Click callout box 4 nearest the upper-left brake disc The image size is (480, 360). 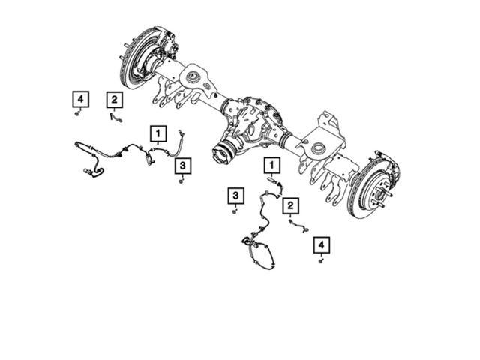pyautogui.click(x=79, y=99)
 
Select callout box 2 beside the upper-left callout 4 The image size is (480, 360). pyautogui.click(x=112, y=99)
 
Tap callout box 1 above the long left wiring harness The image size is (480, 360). pyautogui.click(x=158, y=134)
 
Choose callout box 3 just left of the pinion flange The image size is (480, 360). pyautogui.click(x=183, y=165)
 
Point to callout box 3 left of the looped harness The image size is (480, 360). pyautogui.click(x=235, y=196)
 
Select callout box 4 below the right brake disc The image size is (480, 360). pyautogui.click(x=321, y=244)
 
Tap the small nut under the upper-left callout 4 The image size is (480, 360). pyautogui.click(x=78, y=114)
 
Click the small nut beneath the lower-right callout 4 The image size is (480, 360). pyautogui.click(x=321, y=260)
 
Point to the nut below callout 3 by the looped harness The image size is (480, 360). pyautogui.click(x=235, y=212)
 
